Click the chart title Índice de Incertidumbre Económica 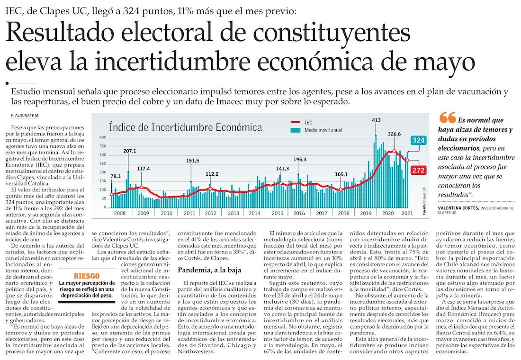(185, 127)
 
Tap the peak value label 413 (376, 120)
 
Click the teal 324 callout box (418, 140)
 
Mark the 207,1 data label (130, 151)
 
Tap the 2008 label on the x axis (120, 214)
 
